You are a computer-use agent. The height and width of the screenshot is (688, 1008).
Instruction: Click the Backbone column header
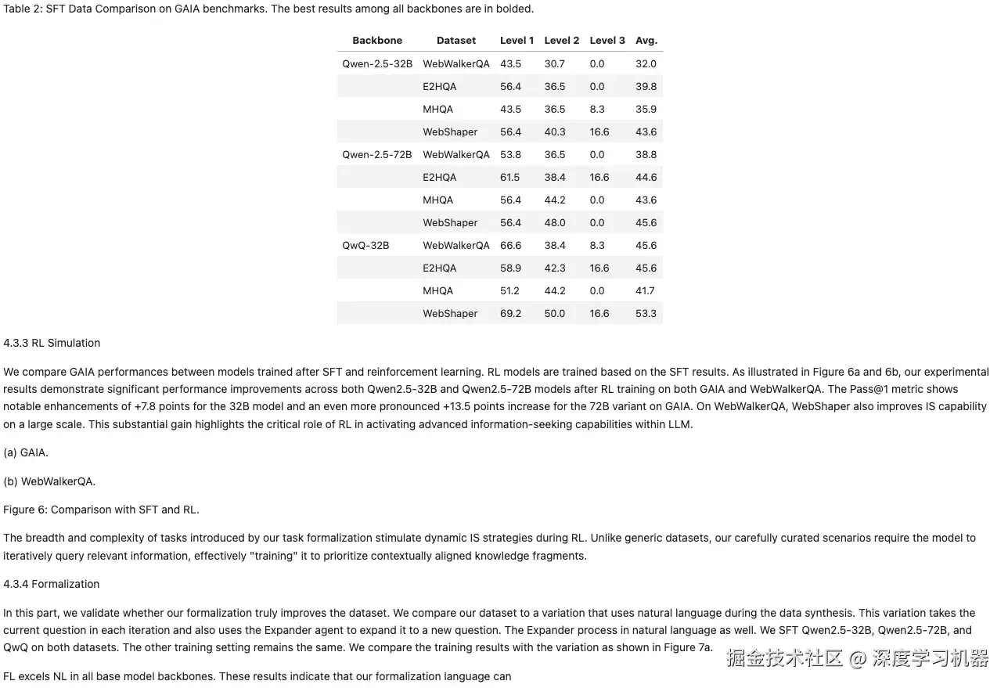[x=377, y=41]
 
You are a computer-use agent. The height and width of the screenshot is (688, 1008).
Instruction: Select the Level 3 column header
[x=607, y=41]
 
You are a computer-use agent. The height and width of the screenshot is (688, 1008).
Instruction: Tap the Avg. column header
[x=646, y=41]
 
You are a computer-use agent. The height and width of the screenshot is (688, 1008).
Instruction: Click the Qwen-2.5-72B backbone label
[x=377, y=155]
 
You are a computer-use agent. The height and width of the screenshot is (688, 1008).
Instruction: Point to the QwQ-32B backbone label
[x=365, y=246]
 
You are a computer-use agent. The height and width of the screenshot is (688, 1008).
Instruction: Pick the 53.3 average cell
[x=646, y=314]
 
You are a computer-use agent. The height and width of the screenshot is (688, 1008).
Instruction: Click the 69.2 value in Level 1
[x=510, y=314]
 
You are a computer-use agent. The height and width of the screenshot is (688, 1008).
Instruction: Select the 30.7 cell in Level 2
[x=555, y=64]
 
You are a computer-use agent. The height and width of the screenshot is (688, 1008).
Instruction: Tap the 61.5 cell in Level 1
[x=510, y=178]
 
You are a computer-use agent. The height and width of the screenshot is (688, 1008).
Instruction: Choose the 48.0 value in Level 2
[x=555, y=223]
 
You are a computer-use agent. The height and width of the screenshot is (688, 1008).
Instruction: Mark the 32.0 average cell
[x=646, y=64]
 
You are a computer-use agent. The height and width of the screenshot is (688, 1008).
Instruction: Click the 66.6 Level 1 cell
[x=510, y=246]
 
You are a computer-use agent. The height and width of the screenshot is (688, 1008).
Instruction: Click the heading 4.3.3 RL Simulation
[x=52, y=343]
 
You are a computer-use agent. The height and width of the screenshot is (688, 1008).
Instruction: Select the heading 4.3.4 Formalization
[x=52, y=584]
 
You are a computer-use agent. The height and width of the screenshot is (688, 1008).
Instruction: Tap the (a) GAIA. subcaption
[x=26, y=452]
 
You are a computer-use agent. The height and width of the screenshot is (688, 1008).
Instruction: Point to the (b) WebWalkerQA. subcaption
[x=49, y=481]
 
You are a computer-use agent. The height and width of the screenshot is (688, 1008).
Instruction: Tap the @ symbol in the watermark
[x=858, y=658]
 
